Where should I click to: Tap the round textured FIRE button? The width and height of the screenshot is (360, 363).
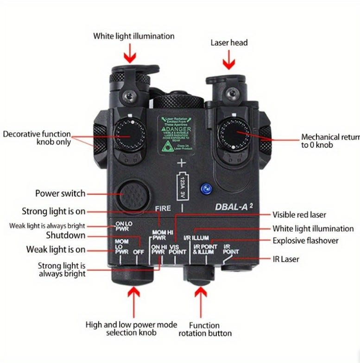coord(132,195)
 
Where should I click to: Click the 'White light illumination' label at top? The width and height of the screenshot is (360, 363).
coord(134,36)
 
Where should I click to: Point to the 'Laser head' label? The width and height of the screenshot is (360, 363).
coord(229,43)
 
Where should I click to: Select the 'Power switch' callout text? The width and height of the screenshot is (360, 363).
coord(60,193)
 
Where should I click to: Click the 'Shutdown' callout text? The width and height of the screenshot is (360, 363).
coord(65,236)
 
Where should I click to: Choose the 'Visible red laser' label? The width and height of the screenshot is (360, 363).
coord(299,215)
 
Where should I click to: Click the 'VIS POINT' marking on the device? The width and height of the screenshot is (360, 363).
coord(176,250)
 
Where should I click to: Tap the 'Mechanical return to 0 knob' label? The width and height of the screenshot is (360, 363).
coord(329,140)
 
